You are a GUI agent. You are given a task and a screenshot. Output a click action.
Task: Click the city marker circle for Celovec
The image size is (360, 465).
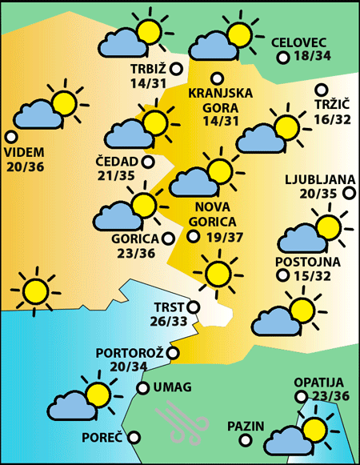(x=282, y=58)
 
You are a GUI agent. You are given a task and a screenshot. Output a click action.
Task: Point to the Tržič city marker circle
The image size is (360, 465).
(x=322, y=90)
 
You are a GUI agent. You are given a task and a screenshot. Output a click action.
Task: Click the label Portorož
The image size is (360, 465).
(x=129, y=353)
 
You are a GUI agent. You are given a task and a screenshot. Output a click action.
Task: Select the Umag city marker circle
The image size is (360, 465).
(x=142, y=388)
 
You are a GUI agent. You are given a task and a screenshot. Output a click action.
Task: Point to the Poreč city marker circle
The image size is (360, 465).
(x=134, y=437)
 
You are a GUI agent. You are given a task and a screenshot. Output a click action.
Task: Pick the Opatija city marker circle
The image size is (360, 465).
(x=300, y=396)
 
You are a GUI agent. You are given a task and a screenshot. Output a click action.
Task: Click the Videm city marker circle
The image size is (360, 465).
(x=10, y=136)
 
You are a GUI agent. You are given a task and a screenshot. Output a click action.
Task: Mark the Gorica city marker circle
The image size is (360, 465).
(x=168, y=238)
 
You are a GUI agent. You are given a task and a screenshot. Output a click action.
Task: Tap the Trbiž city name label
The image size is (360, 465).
(x=148, y=68)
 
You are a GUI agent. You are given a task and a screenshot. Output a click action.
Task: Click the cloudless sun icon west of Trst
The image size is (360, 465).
(x=34, y=289)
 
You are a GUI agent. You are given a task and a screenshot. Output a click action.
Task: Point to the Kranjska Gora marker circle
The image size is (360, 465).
(x=217, y=78)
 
